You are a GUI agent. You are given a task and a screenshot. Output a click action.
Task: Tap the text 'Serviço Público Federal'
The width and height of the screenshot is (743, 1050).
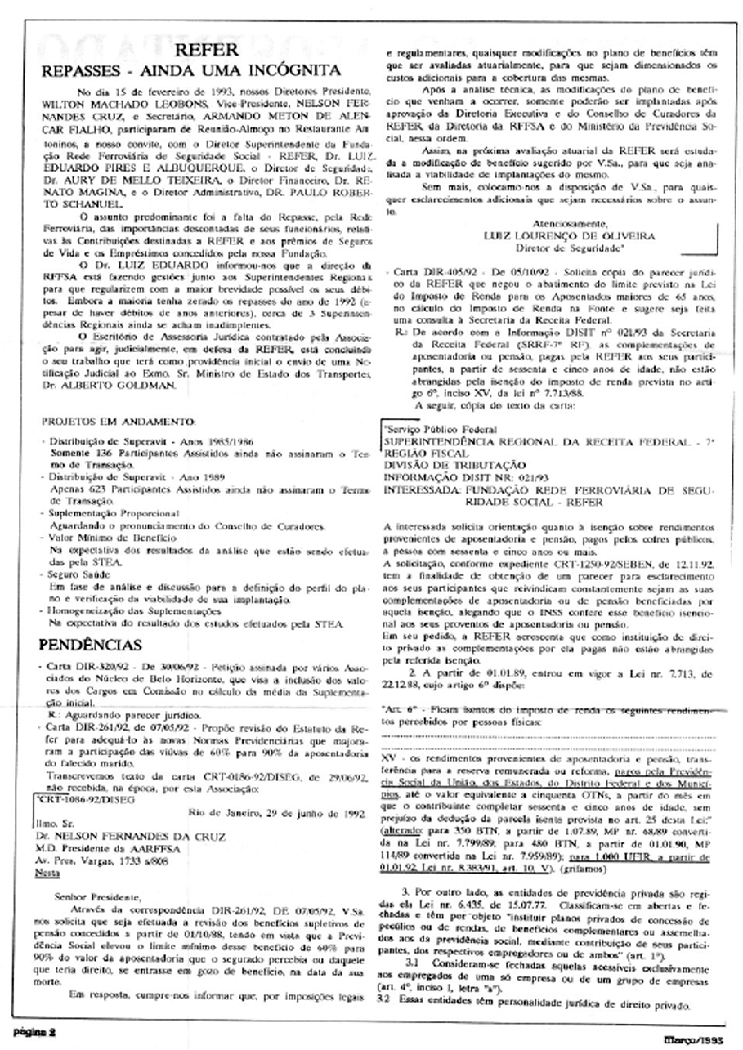(438, 428)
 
